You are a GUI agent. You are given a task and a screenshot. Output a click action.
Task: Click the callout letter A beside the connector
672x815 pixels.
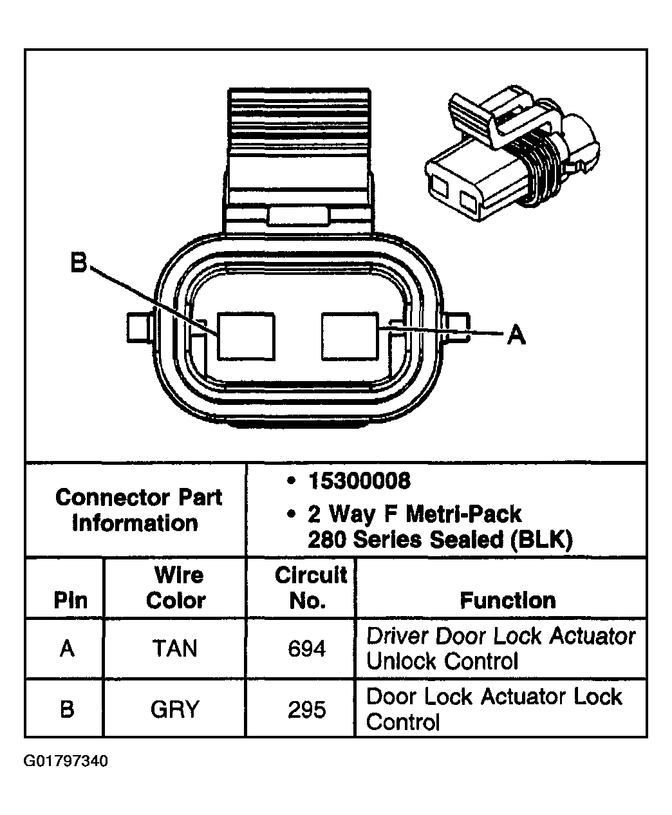click(x=516, y=334)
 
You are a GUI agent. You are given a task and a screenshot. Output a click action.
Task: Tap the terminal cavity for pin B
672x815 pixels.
click(x=246, y=336)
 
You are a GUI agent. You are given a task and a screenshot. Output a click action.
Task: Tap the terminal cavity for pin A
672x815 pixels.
click(x=350, y=336)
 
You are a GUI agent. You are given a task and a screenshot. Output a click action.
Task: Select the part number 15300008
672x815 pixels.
click(x=359, y=481)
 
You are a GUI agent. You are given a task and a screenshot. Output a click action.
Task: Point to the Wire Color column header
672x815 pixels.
click(x=175, y=588)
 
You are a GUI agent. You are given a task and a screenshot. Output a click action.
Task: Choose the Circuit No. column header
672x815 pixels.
click(x=309, y=588)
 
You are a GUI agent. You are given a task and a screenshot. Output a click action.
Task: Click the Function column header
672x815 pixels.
click(x=507, y=601)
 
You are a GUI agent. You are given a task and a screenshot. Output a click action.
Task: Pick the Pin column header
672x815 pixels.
click(x=71, y=601)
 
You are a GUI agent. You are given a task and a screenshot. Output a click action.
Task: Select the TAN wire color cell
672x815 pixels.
click(x=175, y=648)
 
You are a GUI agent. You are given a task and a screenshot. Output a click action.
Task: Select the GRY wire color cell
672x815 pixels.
click(x=175, y=709)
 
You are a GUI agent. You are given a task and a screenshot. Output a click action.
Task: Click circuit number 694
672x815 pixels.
click(x=306, y=648)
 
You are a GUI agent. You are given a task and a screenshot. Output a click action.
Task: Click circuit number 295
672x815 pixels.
click(x=306, y=709)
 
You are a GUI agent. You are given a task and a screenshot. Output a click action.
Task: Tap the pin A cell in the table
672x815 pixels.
click(x=67, y=648)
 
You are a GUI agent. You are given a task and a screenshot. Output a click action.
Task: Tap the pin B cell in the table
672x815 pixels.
click(x=67, y=709)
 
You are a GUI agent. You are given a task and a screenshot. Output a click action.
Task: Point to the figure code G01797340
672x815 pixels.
click(x=66, y=762)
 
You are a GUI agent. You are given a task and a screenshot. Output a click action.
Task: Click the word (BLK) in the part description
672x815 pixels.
click(x=541, y=539)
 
